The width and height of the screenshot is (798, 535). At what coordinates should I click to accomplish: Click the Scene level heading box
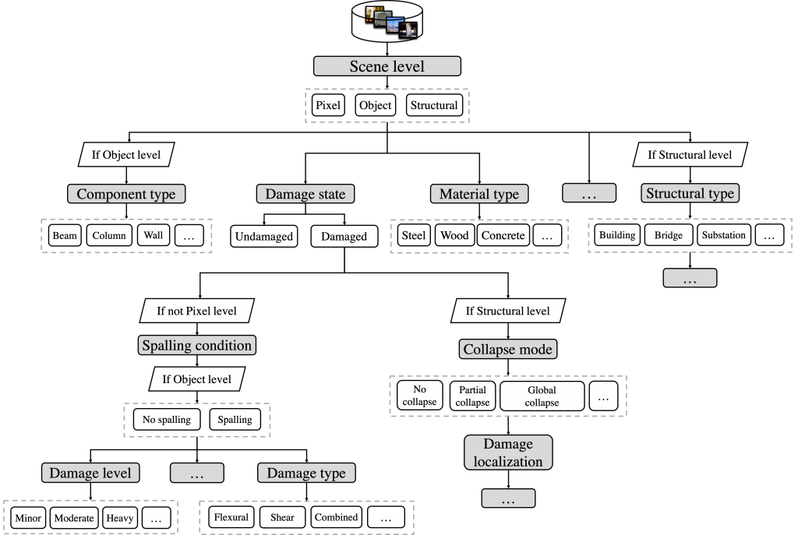(387, 66)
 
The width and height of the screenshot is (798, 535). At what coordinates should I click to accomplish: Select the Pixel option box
(328, 105)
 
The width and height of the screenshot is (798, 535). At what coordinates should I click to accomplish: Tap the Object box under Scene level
(375, 105)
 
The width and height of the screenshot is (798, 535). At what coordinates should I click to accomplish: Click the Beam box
(65, 235)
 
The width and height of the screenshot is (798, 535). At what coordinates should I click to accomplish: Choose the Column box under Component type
(109, 235)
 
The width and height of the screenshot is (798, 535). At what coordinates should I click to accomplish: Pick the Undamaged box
(264, 236)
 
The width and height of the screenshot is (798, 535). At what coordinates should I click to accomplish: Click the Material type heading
(479, 194)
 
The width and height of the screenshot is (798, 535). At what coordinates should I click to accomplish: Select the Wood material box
(454, 235)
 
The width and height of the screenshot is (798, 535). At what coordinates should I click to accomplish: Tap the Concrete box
(503, 235)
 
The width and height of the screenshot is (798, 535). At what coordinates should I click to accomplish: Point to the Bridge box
(669, 235)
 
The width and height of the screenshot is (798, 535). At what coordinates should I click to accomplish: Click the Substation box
(723, 235)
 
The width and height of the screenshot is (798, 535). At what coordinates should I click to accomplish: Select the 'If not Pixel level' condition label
(196, 311)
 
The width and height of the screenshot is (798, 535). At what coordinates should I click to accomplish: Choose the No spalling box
(167, 420)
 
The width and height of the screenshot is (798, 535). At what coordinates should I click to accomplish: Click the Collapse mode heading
(508, 350)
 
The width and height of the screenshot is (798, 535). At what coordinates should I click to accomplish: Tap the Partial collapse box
(472, 396)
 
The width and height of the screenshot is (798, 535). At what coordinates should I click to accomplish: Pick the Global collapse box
(542, 396)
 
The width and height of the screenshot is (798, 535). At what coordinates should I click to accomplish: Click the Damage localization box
(508, 452)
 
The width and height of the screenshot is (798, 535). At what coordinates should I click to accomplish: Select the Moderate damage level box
(73, 518)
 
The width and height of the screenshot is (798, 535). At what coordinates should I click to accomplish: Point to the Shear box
(282, 517)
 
